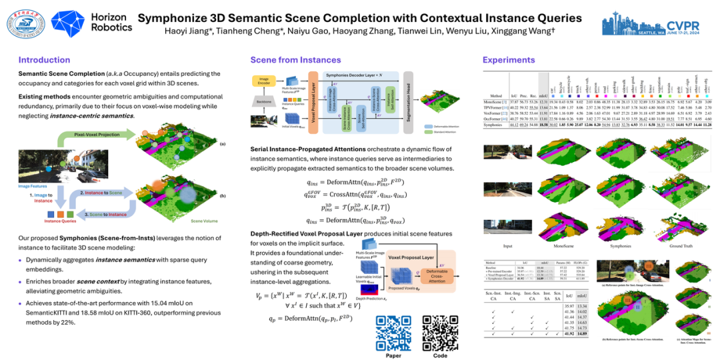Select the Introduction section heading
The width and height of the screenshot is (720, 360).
click(44, 60)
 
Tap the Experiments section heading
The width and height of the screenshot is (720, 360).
click(509, 60)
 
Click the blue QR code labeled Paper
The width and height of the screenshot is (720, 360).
click(393, 330)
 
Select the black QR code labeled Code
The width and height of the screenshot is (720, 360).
click(439, 330)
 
